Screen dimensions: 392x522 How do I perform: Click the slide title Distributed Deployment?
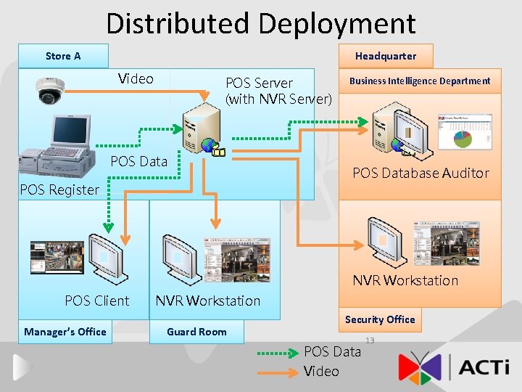261,23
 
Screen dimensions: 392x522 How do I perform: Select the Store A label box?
63,56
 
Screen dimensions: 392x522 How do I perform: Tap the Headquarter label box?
385,56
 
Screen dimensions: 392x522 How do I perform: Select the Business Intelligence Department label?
420,81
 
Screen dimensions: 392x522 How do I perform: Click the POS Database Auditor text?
420,173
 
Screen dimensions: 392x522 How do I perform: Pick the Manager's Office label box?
65,332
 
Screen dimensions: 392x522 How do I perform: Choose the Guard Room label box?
196,332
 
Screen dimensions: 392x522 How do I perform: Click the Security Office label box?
380,319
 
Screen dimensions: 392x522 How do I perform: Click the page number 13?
370,340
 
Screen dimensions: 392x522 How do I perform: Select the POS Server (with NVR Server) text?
278,91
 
